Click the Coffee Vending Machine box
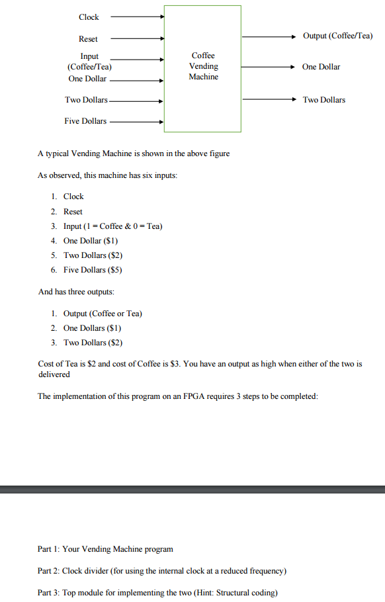tap(202, 68)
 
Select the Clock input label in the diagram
tap(89, 17)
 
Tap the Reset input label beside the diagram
tap(88, 40)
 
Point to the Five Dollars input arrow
tap(136, 122)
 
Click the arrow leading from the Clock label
tap(136, 17)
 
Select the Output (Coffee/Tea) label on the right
tap(337, 36)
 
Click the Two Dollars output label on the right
tap(323, 100)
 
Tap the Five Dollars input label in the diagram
tap(85, 122)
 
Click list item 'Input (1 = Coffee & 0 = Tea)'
tap(112, 226)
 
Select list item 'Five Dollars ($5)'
tap(93, 270)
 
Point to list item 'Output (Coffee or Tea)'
tap(103, 314)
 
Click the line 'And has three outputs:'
tap(76, 292)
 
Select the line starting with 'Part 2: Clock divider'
tap(162, 571)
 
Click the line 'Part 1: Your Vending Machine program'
tap(105, 549)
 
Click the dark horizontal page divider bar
tap(192, 490)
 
